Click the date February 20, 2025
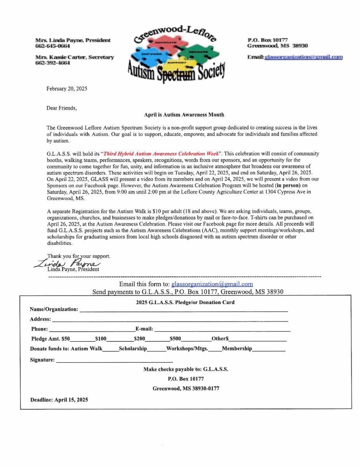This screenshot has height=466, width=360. tap(67, 89)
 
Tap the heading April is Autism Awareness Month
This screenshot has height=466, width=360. tap(184, 115)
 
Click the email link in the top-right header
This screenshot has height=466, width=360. tap(303, 57)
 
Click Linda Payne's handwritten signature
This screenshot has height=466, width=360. tap(70, 263)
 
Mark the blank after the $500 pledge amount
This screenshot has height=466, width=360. tap(197, 341)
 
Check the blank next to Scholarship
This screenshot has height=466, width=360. tap(157, 351)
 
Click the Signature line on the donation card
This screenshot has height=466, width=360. tap(114, 362)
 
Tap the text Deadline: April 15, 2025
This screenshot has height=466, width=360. tap(59, 400)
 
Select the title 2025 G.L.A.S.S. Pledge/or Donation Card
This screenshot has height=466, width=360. tap(185, 302)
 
